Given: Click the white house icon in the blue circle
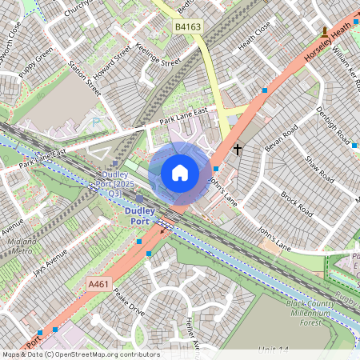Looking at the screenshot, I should tap(180, 173).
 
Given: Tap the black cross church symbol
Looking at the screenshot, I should tap(237, 149).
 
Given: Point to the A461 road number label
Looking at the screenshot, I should tap(98, 283).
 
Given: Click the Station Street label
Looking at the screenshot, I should tap(84, 78).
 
